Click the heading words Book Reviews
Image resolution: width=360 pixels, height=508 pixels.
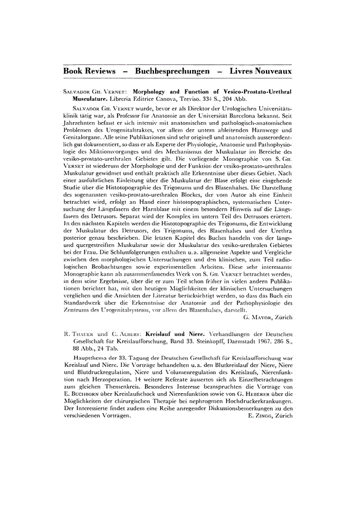click(x=89, y=72)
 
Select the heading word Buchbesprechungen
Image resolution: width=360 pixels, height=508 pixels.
click(x=171, y=72)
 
